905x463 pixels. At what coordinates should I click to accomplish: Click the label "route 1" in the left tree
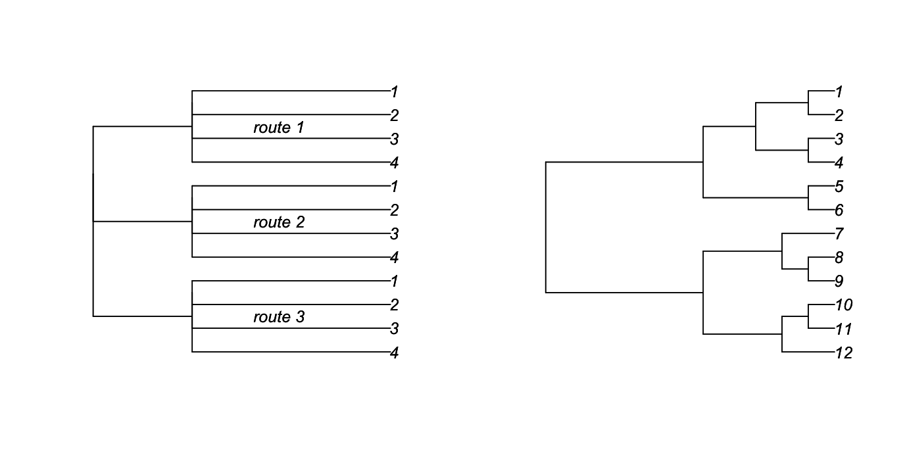click(x=278, y=128)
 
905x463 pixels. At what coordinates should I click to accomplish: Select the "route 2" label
click(x=279, y=222)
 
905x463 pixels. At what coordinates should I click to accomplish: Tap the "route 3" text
click(x=279, y=317)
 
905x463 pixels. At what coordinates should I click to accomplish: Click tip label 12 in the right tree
click(x=843, y=353)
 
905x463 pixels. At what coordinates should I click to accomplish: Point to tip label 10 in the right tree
click(x=843, y=305)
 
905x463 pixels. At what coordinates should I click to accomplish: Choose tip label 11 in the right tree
click(x=843, y=329)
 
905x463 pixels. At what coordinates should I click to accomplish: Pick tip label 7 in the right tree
click(x=839, y=234)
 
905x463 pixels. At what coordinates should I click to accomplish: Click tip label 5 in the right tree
click(x=839, y=187)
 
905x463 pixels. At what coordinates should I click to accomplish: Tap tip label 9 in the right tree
click(x=839, y=281)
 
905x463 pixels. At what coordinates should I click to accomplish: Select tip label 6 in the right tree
click(x=839, y=210)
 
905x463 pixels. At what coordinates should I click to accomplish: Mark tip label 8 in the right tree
click(x=839, y=258)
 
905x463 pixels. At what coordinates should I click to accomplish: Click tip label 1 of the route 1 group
click(x=394, y=92)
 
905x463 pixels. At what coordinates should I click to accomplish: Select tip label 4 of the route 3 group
click(x=394, y=353)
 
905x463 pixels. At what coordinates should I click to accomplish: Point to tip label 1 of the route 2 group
click(x=394, y=187)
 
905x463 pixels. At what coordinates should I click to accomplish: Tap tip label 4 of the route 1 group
click(x=394, y=163)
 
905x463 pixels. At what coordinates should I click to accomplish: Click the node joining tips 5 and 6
click(x=808, y=197)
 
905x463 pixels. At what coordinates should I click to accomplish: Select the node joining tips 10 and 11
click(x=808, y=316)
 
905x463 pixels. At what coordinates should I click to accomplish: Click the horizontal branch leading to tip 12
click(x=808, y=352)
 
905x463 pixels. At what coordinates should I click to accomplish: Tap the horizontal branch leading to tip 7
click(x=808, y=233)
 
